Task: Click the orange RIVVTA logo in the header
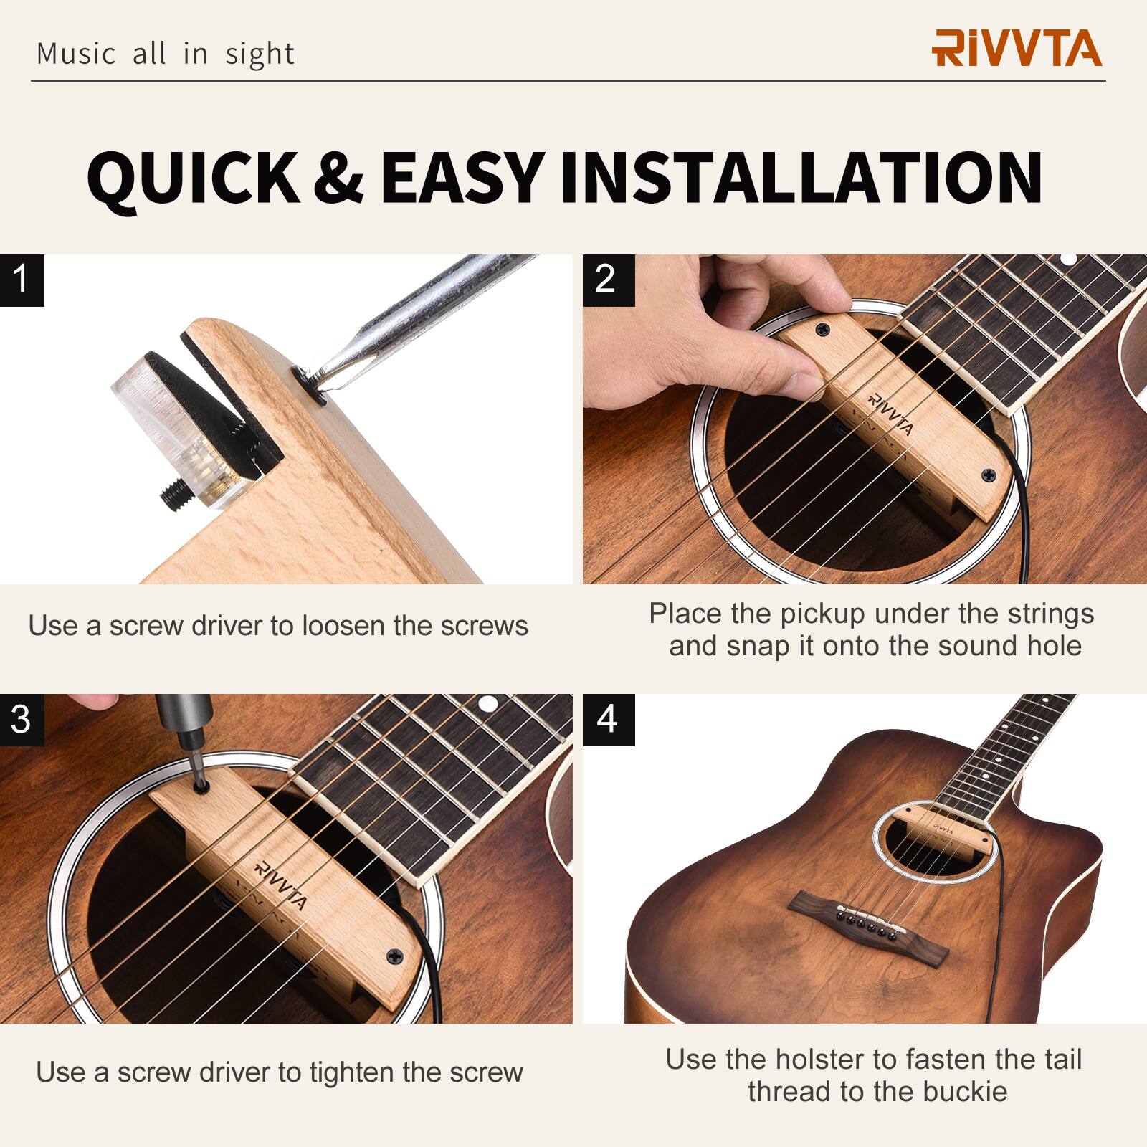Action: point(1017,48)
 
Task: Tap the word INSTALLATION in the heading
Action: point(801,177)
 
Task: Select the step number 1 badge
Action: point(22,280)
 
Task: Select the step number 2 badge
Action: point(607,280)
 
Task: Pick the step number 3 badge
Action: point(22,719)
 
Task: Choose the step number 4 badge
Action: point(607,719)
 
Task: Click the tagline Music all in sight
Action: point(165,54)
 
